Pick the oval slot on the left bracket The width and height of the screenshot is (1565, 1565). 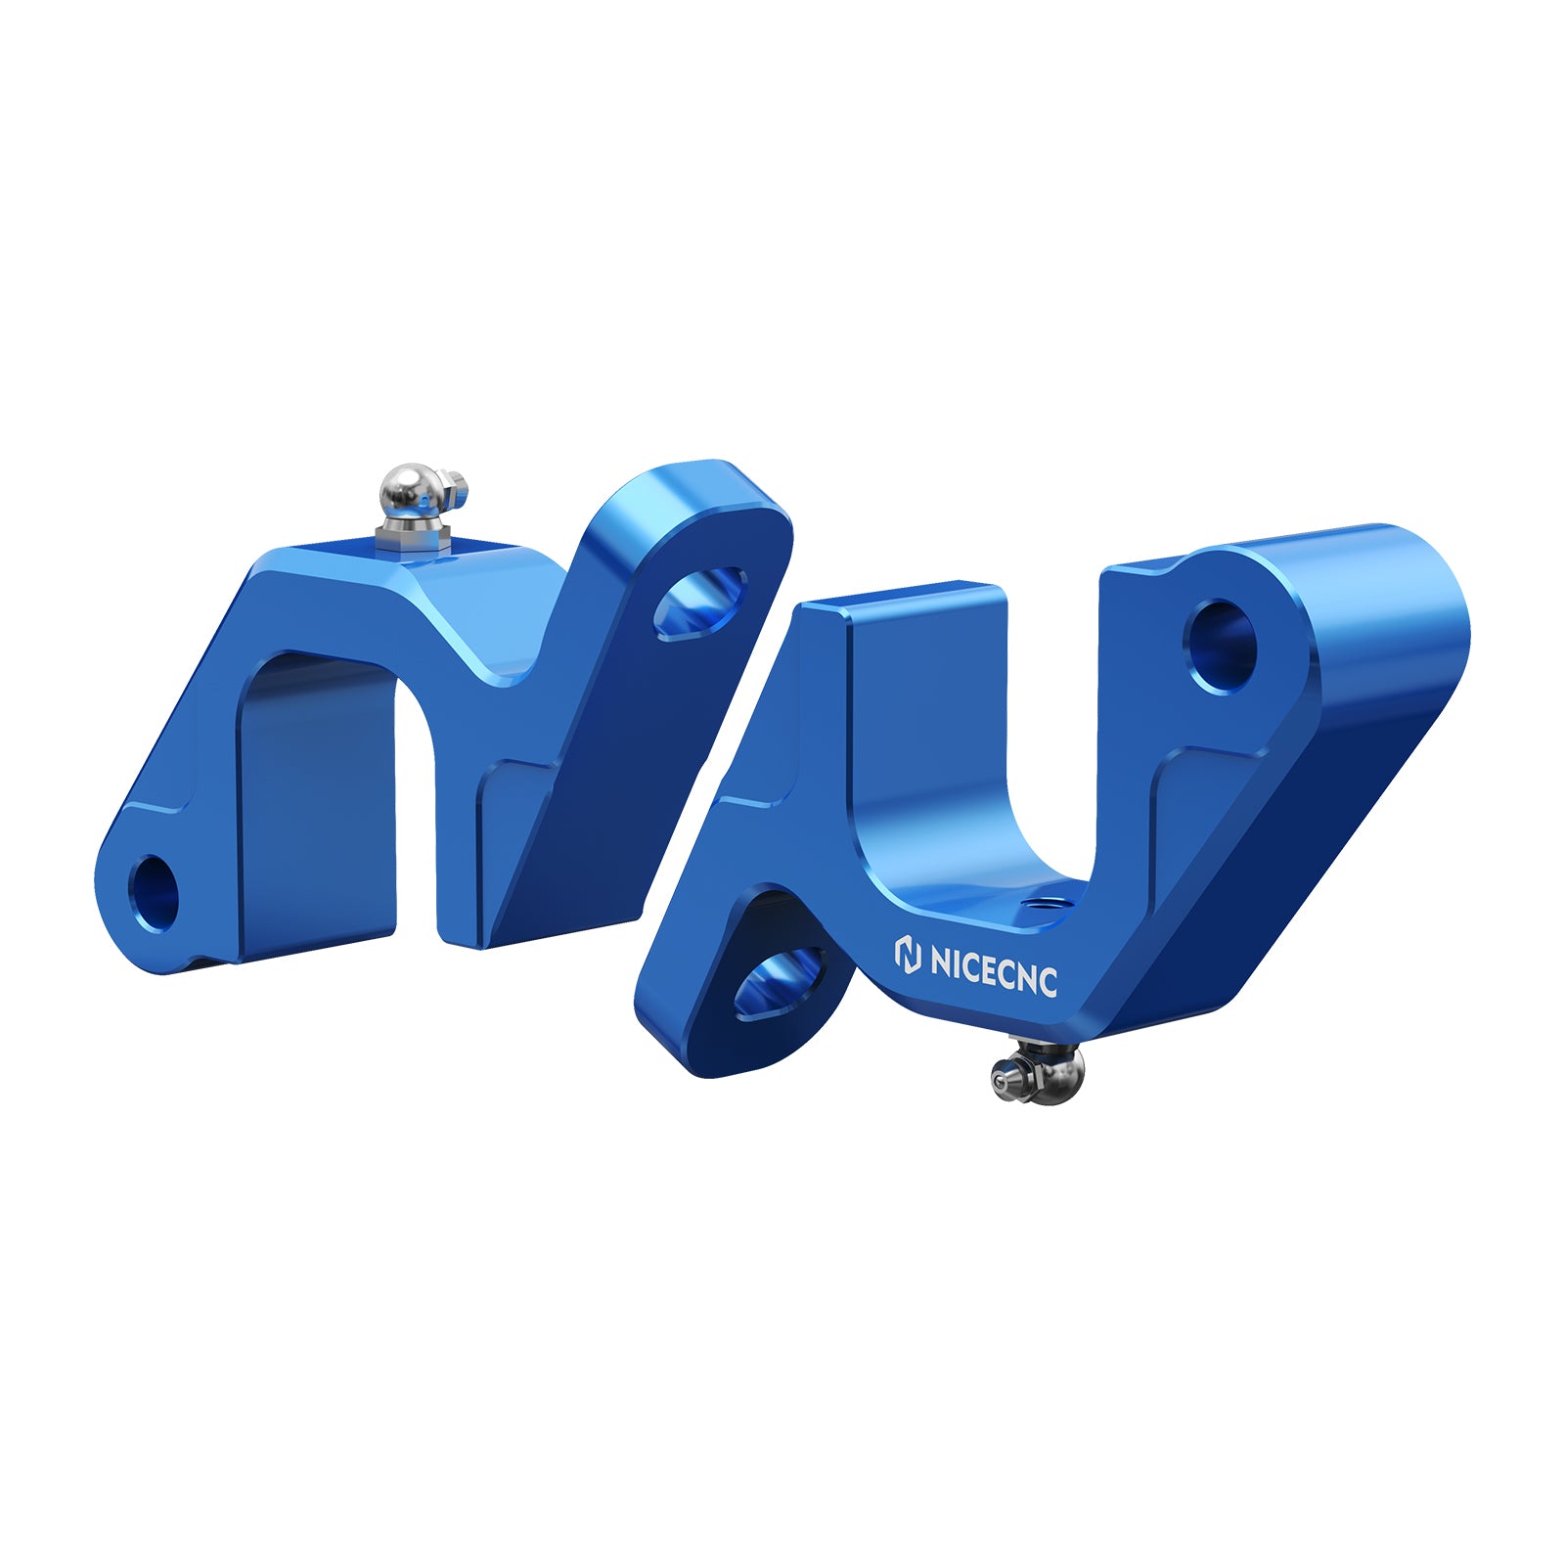coord(700,604)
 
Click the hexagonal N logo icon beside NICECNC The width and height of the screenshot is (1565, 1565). coord(909,955)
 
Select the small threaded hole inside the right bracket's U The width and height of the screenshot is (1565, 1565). coord(1040,904)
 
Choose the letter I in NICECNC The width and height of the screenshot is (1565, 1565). coord(959,963)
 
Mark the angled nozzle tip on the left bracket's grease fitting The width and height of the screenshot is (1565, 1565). coord(457,484)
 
